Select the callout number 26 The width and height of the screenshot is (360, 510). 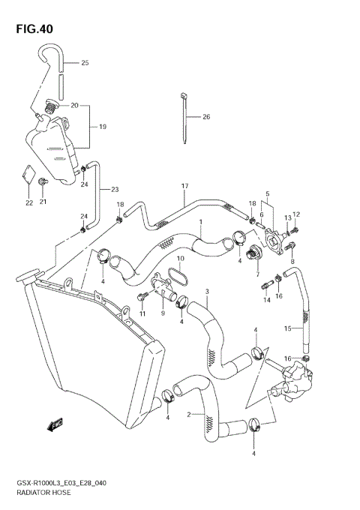tap(206, 116)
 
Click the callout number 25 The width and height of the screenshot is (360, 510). tap(85, 63)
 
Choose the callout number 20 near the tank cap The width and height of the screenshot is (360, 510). tap(75, 105)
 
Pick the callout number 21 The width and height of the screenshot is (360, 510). tap(43, 202)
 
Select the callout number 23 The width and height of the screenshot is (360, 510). tap(115, 189)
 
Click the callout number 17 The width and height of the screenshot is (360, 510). tap(182, 186)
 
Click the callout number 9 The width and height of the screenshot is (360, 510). tap(162, 313)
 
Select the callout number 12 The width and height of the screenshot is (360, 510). tap(296, 214)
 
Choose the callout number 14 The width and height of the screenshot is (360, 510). tap(266, 300)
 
